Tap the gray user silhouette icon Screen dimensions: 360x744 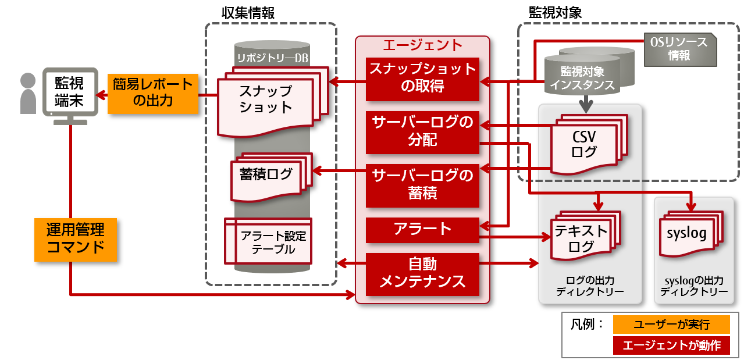coord(27,94)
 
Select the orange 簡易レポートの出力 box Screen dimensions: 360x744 coord(152,92)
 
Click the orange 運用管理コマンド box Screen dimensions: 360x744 coord(76,239)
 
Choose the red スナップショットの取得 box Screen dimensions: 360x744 coord(422,79)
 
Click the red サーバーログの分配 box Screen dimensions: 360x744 coord(422,132)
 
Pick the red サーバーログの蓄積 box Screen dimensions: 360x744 coord(422,186)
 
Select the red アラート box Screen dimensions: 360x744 coord(422,230)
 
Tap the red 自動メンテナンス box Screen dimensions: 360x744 coord(422,274)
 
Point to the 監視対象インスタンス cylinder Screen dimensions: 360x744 coord(588,77)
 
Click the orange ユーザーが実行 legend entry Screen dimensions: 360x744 coord(671,324)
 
